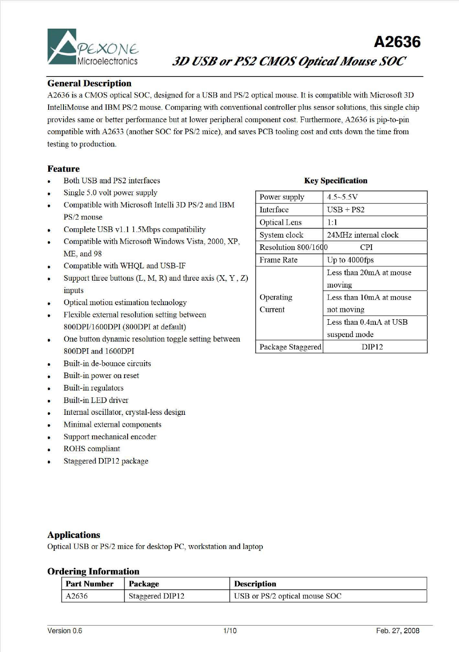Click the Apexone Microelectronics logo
pyautogui.click(x=93, y=47)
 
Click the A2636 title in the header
pyautogui.click(x=397, y=42)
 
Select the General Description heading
pyautogui.click(x=89, y=83)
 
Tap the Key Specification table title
pyautogui.click(x=335, y=181)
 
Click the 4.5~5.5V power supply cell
pyautogui.click(x=342, y=197)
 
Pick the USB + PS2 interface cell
pyautogui.click(x=346, y=210)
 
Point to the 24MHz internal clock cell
pyautogui.click(x=363, y=235)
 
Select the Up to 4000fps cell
pyautogui.click(x=350, y=260)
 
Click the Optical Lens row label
pyautogui.click(x=280, y=222)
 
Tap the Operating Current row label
pyautogui.click(x=276, y=303)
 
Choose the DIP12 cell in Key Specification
pyautogui.click(x=372, y=347)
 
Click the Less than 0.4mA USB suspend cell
pyautogui.click(x=367, y=328)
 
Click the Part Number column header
pyautogui.click(x=90, y=584)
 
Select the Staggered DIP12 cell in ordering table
pyautogui.click(x=157, y=596)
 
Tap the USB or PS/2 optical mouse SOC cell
pyautogui.click(x=288, y=596)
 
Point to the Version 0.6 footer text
pyautogui.click(x=65, y=631)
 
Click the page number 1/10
pyautogui.click(x=229, y=631)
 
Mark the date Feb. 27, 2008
pyautogui.click(x=398, y=631)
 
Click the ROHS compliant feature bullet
pyautogui.click(x=92, y=449)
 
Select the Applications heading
pyautogui.click(x=74, y=535)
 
